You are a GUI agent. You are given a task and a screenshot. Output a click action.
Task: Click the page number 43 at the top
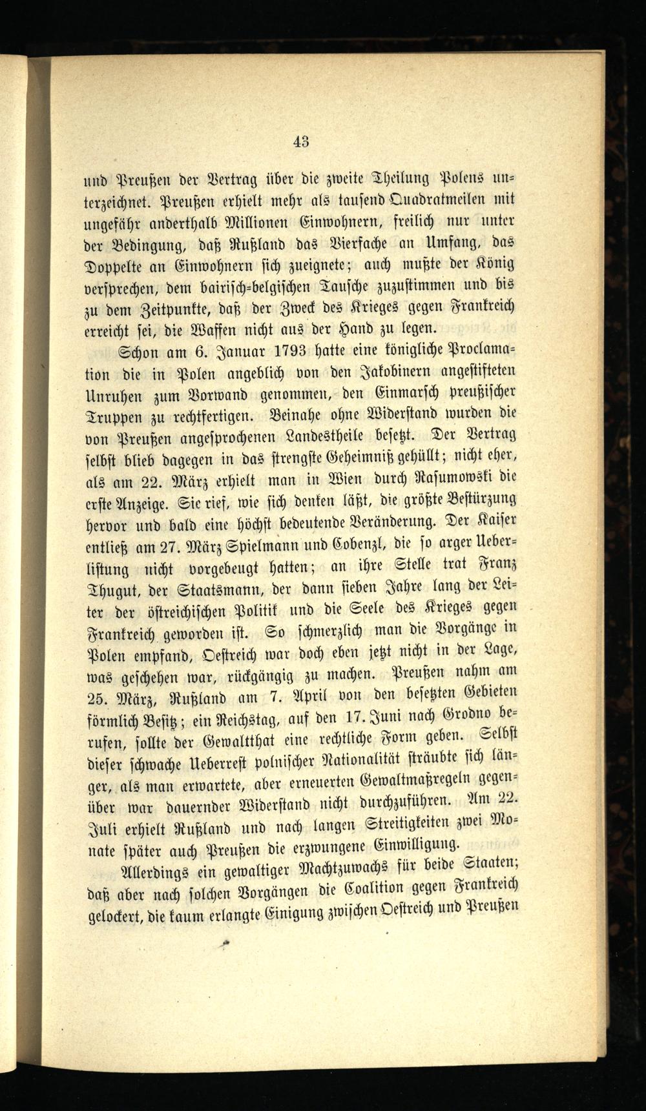(x=301, y=141)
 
